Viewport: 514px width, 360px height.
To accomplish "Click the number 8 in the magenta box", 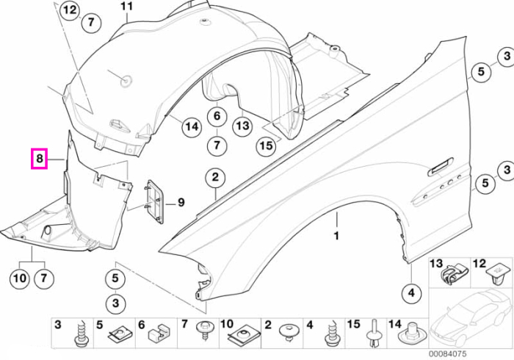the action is tap(40, 159).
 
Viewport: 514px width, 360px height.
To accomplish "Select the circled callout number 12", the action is tap(70, 10).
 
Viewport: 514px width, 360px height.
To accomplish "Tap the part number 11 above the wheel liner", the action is tap(127, 6).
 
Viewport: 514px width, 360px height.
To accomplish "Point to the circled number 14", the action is tap(192, 126).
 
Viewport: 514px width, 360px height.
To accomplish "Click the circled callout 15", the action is tap(266, 145).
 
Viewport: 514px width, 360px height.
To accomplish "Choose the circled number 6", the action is tap(217, 116).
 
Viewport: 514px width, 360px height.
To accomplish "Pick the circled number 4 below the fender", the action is tap(411, 292).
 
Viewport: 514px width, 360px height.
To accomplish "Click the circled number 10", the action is tap(20, 278).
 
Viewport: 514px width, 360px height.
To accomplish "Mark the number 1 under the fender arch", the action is tap(336, 236).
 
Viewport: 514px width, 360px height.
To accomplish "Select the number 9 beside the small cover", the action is tap(181, 203).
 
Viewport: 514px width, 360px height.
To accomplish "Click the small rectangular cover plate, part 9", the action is tap(154, 201).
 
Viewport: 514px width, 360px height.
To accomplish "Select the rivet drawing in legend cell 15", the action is tap(374, 333).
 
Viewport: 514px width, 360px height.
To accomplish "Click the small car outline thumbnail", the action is tap(471, 319).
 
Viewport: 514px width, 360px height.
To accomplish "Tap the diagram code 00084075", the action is tap(447, 354).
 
